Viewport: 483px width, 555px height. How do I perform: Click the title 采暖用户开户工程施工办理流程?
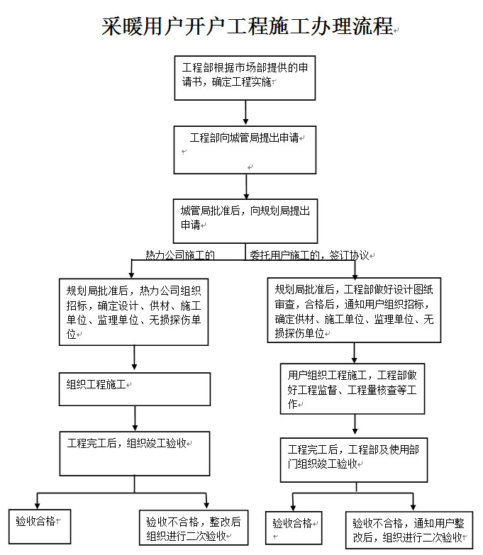248,26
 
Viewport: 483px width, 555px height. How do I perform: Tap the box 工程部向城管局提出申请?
245,150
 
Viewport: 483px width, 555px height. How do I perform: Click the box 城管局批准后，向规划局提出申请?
245,221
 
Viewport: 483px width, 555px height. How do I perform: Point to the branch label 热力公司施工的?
180,254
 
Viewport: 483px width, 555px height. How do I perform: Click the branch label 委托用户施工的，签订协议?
310,254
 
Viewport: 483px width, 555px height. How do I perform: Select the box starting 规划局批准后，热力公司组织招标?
134,311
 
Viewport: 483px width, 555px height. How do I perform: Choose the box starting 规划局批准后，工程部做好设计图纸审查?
355,311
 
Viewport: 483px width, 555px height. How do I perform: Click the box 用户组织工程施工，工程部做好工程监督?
352,388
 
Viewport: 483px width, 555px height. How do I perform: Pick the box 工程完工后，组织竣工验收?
134,453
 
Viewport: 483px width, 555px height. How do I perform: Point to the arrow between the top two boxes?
245,113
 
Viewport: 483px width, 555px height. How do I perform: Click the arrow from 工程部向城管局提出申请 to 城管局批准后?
246,186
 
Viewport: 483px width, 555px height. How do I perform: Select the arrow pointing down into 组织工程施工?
135,359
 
